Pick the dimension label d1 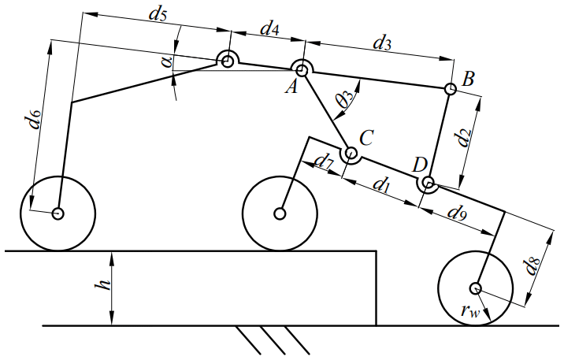(381, 187)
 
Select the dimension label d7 (324, 164)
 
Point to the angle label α (169, 61)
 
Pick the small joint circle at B (450, 89)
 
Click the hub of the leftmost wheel (58, 213)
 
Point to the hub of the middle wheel (280, 213)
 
